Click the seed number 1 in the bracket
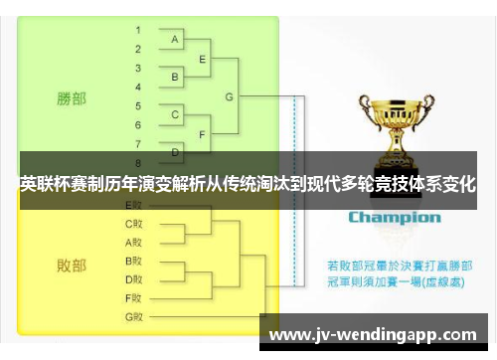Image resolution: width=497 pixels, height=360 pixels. (138, 30)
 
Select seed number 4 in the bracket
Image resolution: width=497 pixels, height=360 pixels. (138, 87)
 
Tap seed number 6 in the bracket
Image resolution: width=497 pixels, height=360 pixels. (138, 124)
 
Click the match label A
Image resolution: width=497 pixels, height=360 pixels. (175, 40)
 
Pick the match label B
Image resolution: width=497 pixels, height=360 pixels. (175, 77)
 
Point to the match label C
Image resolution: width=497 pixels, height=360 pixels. (175, 115)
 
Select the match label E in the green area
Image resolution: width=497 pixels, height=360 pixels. (203, 59)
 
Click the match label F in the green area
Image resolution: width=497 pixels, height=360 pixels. (203, 134)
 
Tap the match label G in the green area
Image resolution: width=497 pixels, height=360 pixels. (230, 96)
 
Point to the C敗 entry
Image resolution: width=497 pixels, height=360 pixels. (133, 223)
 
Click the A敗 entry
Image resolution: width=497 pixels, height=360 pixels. (133, 242)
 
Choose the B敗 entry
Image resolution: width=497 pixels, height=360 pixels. (133, 261)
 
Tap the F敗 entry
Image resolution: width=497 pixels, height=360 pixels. (133, 297)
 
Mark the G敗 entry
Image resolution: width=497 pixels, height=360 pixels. (133, 316)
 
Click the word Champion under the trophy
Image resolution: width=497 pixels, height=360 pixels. (394, 217)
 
